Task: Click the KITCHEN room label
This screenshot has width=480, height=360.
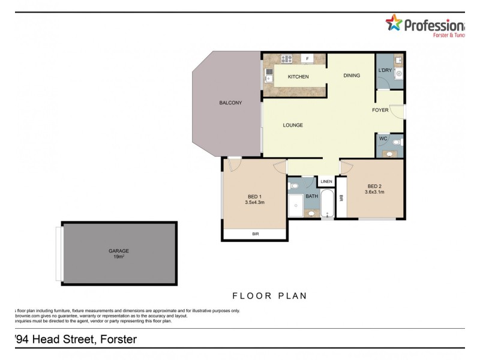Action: (x=298, y=77)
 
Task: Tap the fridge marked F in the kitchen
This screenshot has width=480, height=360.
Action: (x=307, y=59)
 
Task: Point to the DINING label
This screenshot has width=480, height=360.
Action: (x=352, y=76)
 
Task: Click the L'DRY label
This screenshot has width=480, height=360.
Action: (x=385, y=71)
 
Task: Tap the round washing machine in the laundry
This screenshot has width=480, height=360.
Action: (x=398, y=76)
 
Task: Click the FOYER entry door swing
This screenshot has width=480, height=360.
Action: (x=397, y=110)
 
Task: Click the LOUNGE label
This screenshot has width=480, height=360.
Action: (x=293, y=125)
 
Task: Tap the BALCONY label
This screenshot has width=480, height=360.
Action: (x=230, y=103)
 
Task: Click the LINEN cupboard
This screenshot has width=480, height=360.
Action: (x=326, y=181)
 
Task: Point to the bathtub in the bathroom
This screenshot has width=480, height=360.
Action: (x=328, y=204)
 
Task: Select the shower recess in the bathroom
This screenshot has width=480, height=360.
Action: (x=295, y=206)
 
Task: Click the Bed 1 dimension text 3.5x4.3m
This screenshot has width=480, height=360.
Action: (x=255, y=203)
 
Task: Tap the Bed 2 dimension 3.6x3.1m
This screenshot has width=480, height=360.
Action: (x=374, y=192)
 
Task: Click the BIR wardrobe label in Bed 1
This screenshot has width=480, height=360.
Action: (x=254, y=235)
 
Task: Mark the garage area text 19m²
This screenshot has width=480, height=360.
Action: (x=119, y=257)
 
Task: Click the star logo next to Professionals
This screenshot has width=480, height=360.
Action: (x=394, y=24)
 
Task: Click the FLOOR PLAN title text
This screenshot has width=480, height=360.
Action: (x=269, y=296)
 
